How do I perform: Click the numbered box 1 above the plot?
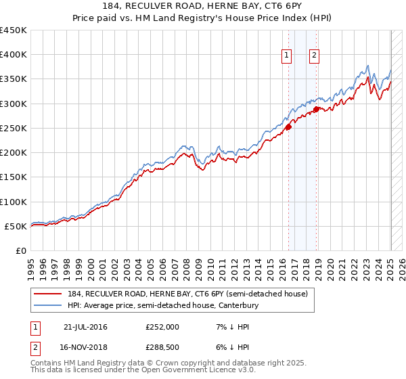[x=287, y=56]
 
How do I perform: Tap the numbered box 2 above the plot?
[x=315, y=56]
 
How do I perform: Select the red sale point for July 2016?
[x=288, y=126]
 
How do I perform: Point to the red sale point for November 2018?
[x=317, y=108]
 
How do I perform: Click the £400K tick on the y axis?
[x=14, y=55]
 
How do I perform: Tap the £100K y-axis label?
[x=14, y=202]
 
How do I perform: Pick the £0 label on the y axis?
[x=21, y=251]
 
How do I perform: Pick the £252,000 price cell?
[x=162, y=327]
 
